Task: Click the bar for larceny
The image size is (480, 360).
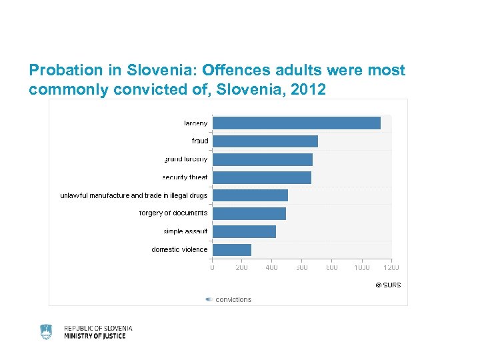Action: tap(297, 123)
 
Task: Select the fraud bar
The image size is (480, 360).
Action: tap(265, 141)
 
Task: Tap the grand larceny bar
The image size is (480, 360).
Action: tap(263, 159)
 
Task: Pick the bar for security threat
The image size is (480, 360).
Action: tap(262, 177)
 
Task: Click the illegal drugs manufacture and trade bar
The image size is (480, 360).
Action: tap(251, 195)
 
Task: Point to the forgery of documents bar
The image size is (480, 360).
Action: tap(249, 213)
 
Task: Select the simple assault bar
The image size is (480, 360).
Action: tap(245, 231)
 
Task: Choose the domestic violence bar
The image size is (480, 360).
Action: tap(232, 249)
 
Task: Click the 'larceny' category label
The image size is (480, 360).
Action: tap(196, 123)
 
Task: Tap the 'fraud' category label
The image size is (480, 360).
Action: tap(200, 141)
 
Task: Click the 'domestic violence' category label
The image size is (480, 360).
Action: tap(179, 249)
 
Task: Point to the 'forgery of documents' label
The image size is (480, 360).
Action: tap(173, 213)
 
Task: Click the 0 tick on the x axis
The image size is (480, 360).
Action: tap(213, 267)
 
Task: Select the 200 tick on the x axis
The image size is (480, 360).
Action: tap(242, 267)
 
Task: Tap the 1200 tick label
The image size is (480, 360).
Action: tap(391, 267)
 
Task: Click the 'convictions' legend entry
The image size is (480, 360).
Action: tap(233, 299)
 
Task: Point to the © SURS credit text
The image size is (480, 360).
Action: tap(388, 285)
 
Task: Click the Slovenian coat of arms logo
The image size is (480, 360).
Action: tap(46, 332)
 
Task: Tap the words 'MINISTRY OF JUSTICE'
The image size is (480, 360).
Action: tap(95, 336)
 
